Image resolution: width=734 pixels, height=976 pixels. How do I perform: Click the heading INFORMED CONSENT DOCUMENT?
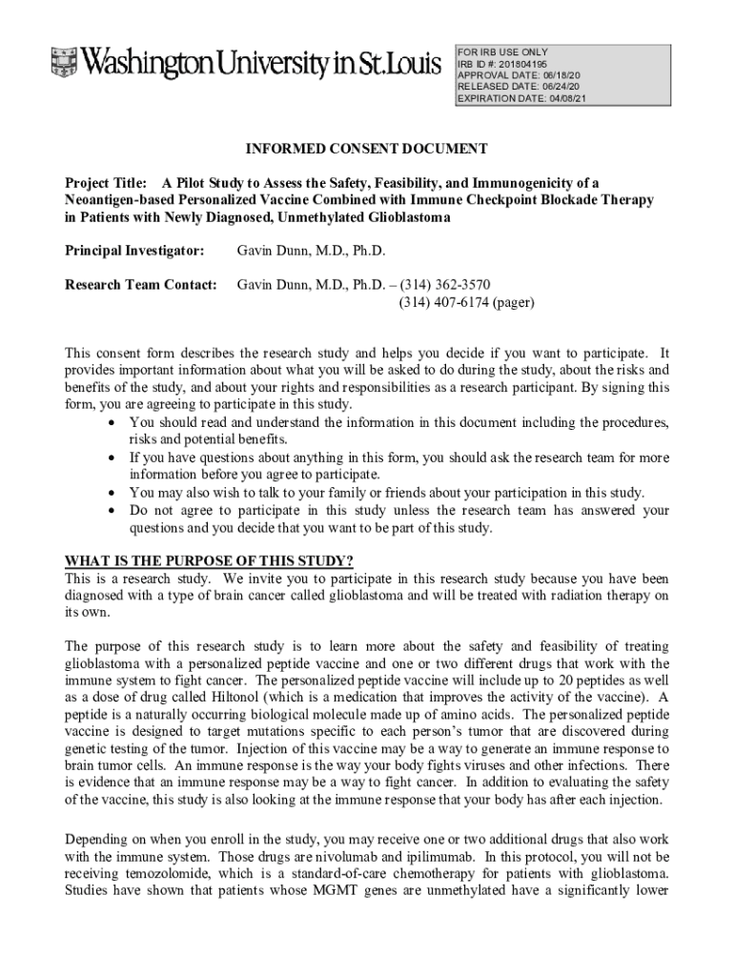pos(367,149)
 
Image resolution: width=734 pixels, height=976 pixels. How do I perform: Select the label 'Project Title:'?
pos(105,182)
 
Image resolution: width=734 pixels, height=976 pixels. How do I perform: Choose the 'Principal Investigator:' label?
pos(133,251)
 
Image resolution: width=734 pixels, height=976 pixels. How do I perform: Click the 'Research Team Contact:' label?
pos(140,284)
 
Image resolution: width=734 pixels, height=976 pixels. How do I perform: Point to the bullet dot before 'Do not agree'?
pos(114,511)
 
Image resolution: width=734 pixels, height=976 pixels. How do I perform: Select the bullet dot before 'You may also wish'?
pos(114,493)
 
